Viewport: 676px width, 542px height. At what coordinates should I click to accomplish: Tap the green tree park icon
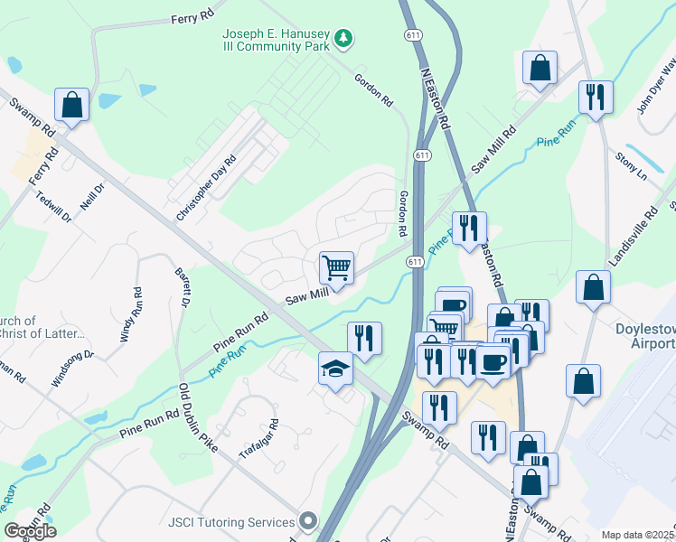(x=343, y=38)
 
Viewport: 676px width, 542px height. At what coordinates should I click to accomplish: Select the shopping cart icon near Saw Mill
(x=336, y=267)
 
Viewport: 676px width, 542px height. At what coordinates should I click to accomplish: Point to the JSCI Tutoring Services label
(x=231, y=522)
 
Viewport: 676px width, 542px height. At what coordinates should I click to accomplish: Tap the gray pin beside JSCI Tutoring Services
(x=309, y=522)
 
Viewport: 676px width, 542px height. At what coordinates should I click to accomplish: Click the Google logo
(x=30, y=530)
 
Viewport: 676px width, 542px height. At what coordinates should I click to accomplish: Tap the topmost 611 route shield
(x=411, y=34)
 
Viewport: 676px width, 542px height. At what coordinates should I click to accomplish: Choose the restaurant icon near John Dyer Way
(x=596, y=96)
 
